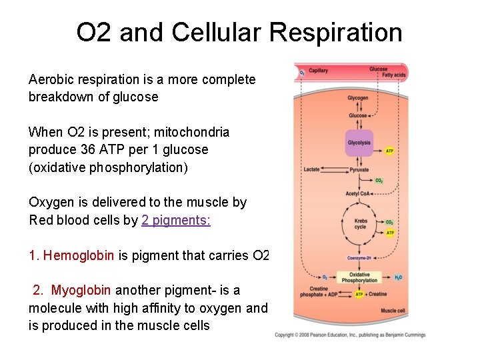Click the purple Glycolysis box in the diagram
359,143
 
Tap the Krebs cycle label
360,224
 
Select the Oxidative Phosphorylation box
359,277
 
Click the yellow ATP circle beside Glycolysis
390,151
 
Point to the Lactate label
311,169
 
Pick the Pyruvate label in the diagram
359,170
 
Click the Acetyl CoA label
356,194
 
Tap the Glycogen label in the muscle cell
358,99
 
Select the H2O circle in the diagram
398,277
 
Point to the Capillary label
318,71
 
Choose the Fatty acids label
393,75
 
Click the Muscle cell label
393,311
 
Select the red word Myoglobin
81,291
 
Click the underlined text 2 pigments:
176,220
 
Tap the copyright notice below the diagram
350,335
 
